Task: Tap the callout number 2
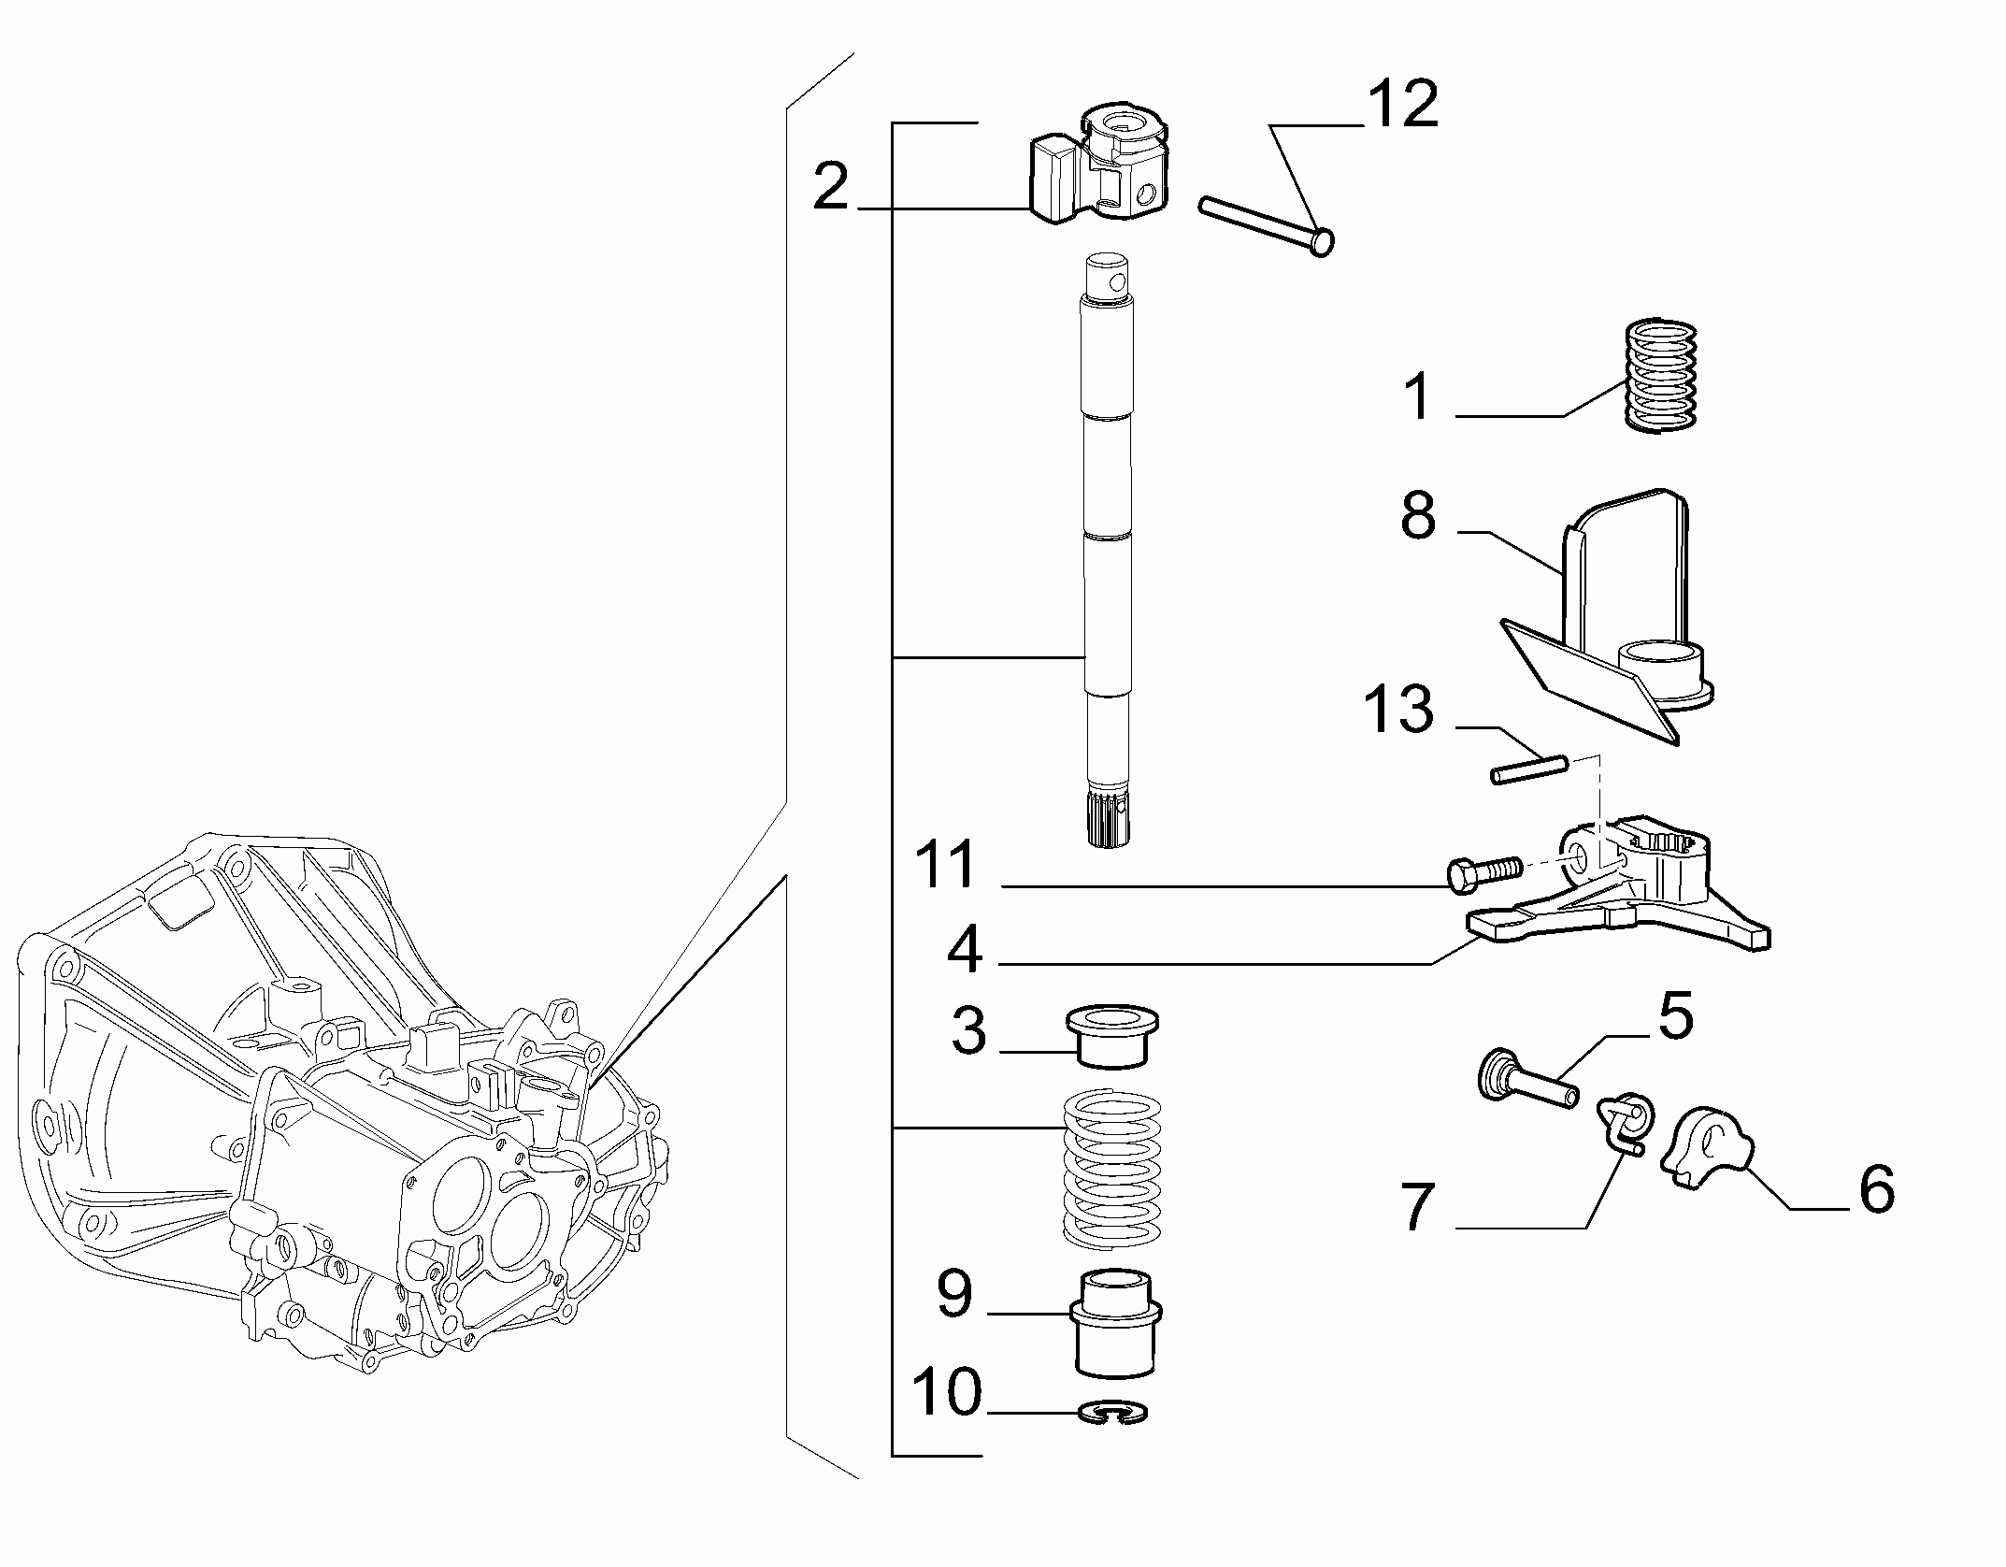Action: click(x=831, y=186)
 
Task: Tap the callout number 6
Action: click(x=1876, y=1190)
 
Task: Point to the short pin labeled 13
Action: click(x=1528, y=768)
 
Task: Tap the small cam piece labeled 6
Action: click(x=1705, y=1146)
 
